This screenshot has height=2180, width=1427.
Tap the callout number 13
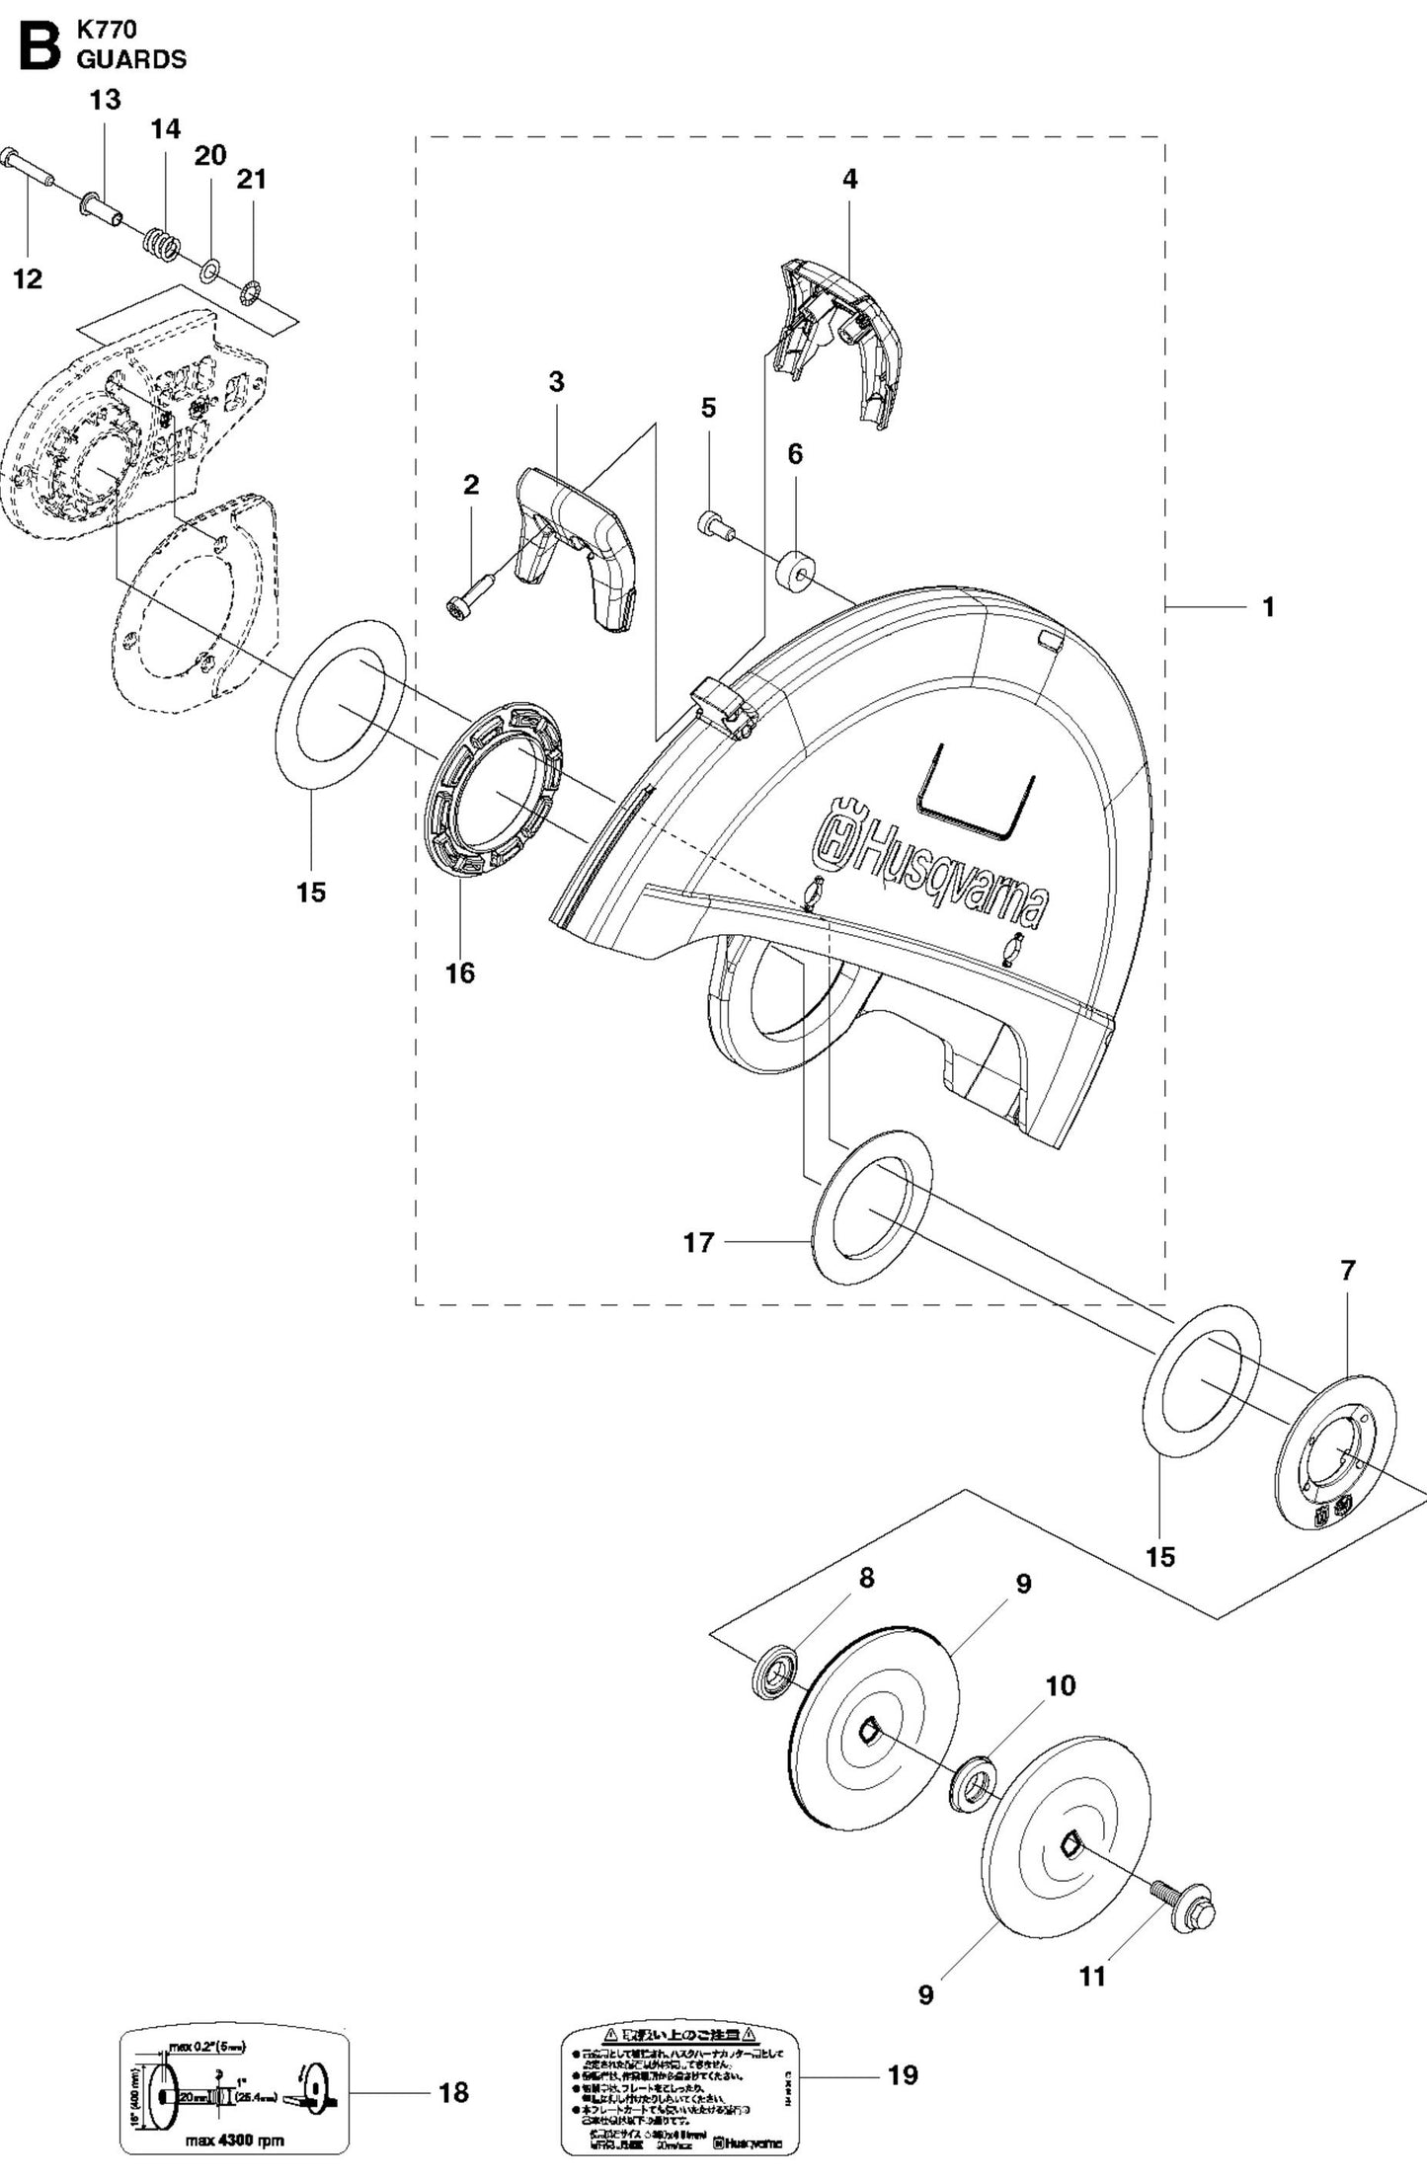(x=106, y=100)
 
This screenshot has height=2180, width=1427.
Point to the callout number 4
(x=849, y=179)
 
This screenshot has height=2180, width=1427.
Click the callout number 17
(x=698, y=1242)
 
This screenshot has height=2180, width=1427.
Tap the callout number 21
(x=251, y=179)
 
